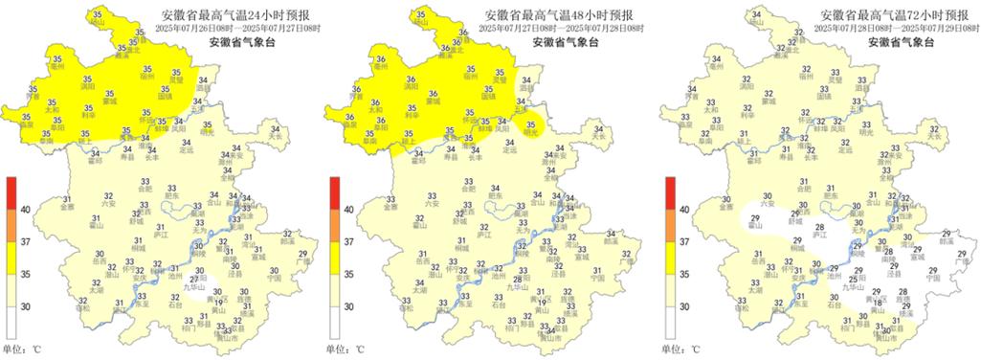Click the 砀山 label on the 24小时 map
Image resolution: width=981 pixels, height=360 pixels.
(100, 22)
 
